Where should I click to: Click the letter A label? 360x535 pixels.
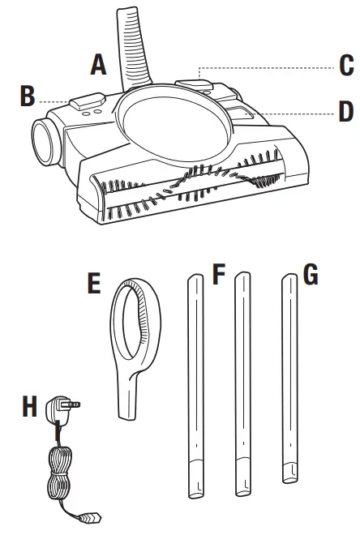(99, 64)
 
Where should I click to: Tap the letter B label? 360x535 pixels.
(28, 96)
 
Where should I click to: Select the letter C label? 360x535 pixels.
(346, 65)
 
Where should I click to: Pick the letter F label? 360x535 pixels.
(217, 275)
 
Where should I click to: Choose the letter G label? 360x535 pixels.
(310, 275)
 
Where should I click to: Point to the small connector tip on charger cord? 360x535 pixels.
(92, 515)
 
